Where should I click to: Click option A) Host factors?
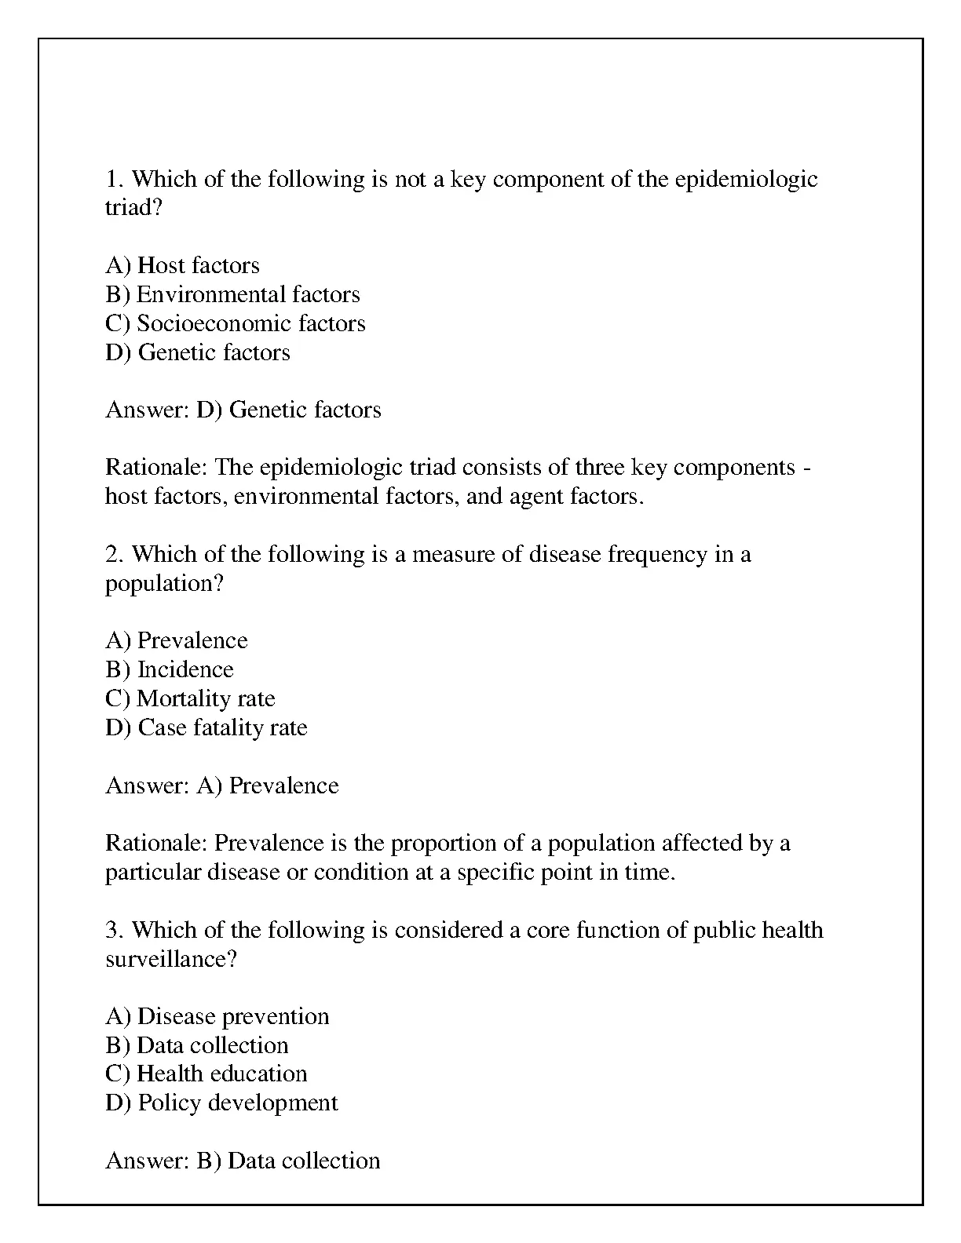point(182,266)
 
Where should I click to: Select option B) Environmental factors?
point(232,295)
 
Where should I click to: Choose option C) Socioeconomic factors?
point(235,323)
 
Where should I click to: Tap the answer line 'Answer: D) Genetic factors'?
point(243,410)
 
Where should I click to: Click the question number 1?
point(113,180)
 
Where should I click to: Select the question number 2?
point(113,555)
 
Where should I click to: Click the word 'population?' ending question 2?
point(164,585)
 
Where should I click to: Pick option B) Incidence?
point(170,670)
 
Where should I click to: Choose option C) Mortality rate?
point(190,699)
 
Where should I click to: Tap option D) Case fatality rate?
point(206,728)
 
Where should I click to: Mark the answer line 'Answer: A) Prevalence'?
point(221,786)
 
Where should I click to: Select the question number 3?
point(113,931)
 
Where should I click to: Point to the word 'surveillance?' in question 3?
point(170,960)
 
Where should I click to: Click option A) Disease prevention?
point(217,1017)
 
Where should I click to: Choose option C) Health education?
point(206,1074)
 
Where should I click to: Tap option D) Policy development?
point(221,1103)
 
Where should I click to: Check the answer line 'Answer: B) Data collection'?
point(243,1161)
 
